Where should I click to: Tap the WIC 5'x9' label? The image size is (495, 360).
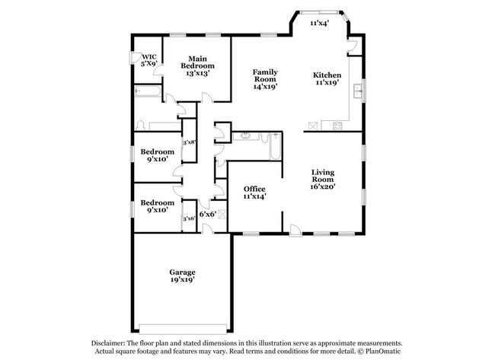(148, 60)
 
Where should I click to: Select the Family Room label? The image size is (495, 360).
(264, 75)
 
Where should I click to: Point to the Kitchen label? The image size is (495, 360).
(327, 75)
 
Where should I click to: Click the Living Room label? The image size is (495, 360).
(323, 176)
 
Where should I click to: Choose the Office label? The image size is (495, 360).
(254, 188)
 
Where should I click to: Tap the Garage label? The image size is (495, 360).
(182, 272)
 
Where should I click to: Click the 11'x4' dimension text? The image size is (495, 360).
(319, 24)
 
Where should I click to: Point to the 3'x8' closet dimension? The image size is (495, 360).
(189, 142)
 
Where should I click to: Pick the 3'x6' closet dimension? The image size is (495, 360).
(189, 218)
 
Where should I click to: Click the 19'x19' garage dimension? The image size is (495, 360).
(182, 280)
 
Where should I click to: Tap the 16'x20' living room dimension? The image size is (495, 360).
(323, 186)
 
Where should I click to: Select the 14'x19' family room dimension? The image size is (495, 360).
(264, 87)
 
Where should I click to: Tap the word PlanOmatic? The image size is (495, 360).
(383, 352)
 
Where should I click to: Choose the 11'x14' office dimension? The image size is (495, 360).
(254, 196)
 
